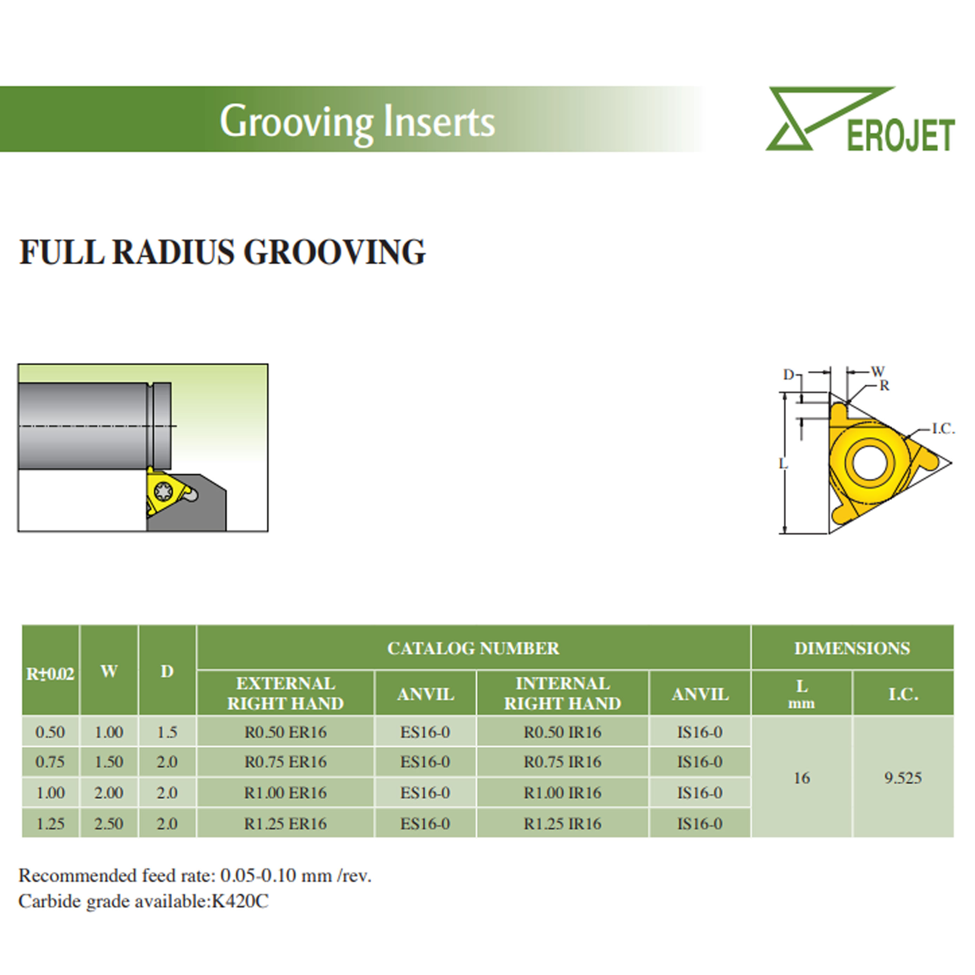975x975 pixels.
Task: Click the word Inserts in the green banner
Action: coord(439,122)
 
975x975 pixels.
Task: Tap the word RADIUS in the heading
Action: coord(173,251)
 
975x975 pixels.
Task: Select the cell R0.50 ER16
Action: coord(286,732)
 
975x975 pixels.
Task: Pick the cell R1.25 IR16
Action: coord(563,824)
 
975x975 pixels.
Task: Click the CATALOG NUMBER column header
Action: coord(473,648)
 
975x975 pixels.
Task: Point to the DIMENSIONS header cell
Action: coord(852,648)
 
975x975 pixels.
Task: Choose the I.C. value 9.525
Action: coord(903,778)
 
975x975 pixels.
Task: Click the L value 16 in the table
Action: coord(802,778)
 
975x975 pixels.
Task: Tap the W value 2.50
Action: coord(109,824)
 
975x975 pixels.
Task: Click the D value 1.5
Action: coord(167,732)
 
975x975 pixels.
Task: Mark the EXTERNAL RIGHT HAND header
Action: coord(286,693)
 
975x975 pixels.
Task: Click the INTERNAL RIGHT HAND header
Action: coord(563,693)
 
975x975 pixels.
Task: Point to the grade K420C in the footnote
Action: coord(240,901)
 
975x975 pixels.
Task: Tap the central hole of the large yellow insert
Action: coord(870,462)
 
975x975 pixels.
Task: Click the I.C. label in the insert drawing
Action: coord(943,429)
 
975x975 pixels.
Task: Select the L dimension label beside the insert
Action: coord(783,463)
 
